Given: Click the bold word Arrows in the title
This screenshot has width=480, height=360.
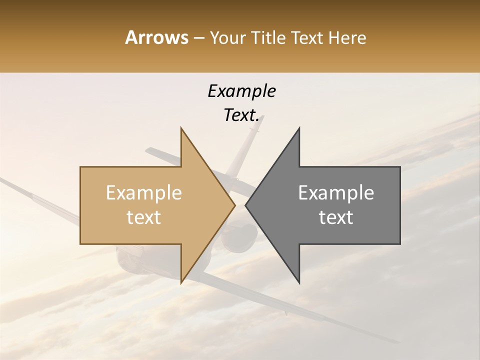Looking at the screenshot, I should (x=156, y=37).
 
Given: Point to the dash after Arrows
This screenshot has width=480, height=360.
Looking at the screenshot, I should (x=198, y=38).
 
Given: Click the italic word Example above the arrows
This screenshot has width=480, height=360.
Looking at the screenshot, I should (x=241, y=91).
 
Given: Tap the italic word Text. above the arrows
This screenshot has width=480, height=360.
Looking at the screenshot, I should (x=241, y=115).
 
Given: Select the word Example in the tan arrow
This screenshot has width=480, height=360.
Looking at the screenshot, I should (x=144, y=193).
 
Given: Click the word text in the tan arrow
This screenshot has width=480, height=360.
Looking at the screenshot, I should (x=144, y=217).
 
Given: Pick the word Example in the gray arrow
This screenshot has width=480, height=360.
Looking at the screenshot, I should (x=336, y=193).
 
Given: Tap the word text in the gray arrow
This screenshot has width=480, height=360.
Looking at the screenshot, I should (x=336, y=217).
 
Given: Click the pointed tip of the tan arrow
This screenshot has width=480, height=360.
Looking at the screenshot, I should (x=234, y=205).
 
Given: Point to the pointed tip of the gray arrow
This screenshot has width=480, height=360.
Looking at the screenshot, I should (x=246, y=205).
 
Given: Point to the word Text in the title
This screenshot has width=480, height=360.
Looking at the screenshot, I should (x=306, y=37).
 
